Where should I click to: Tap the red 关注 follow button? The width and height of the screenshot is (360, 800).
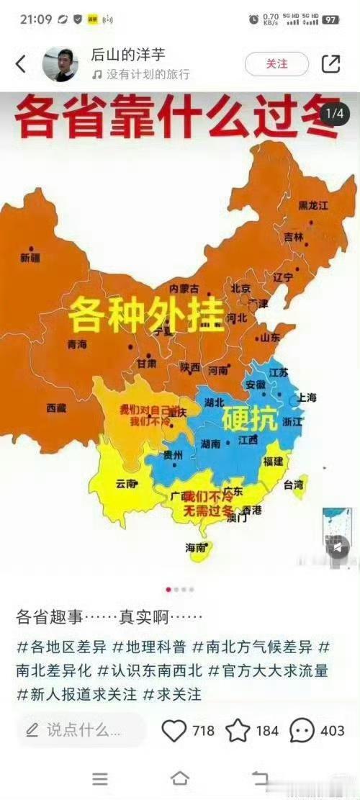tap(276, 64)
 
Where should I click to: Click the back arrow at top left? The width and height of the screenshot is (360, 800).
tap(20, 64)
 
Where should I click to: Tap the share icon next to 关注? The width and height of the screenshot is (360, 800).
tap(330, 64)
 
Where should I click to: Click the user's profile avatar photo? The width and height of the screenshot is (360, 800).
tap(60, 64)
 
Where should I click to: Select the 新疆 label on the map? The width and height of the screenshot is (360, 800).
tap(31, 257)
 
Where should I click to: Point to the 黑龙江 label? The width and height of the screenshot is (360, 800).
tap(313, 205)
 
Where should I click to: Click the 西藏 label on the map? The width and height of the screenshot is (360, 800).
tap(56, 408)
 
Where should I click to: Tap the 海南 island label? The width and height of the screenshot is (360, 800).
tap(196, 547)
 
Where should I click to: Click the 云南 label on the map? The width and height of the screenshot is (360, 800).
tap(126, 484)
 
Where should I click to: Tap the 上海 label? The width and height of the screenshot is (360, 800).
tap(306, 397)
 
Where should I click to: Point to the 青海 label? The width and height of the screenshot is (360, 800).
tap(77, 344)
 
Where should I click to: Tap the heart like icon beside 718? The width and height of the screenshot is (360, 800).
tap(174, 730)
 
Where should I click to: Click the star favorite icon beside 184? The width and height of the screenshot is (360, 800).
tap(238, 730)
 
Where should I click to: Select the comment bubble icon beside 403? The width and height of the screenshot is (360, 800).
tap(302, 730)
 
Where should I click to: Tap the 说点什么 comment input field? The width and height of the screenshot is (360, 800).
tap(79, 730)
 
